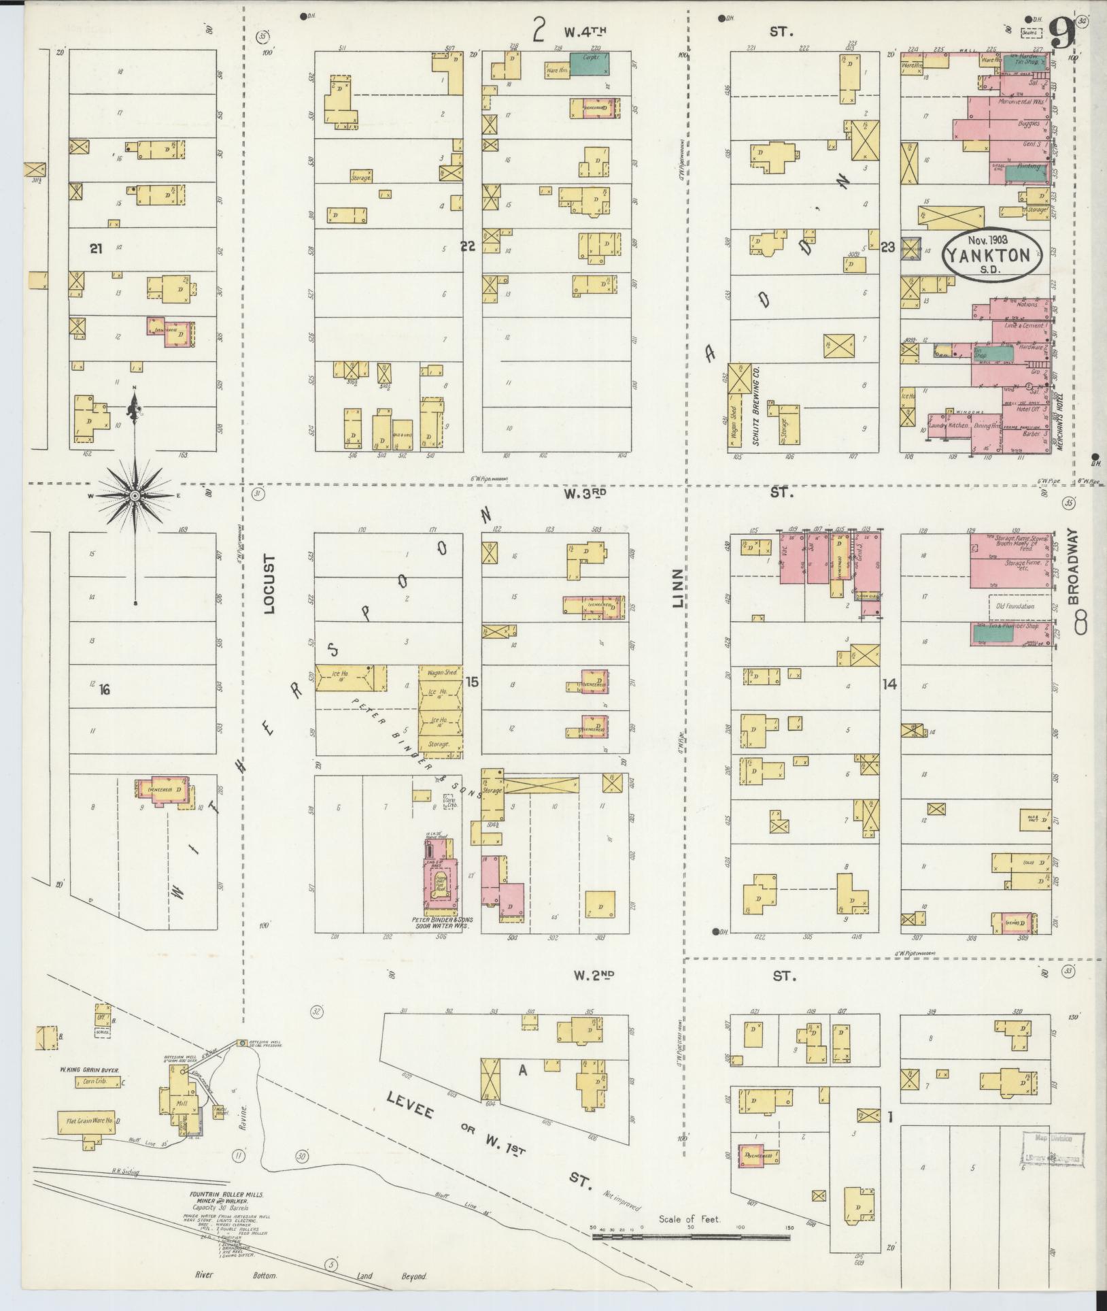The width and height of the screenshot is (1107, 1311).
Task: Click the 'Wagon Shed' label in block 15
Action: pyautogui.click(x=440, y=672)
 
